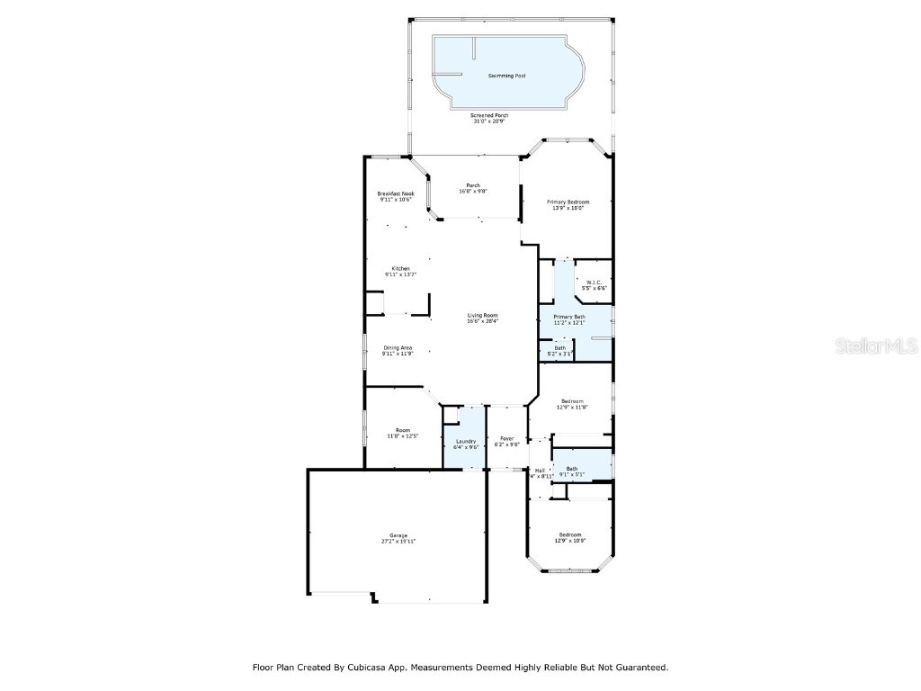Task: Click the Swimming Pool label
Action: [506, 76]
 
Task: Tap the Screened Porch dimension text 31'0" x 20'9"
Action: [489, 121]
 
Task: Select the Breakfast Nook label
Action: [396, 193]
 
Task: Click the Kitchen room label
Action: [400, 268]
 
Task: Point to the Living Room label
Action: [482, 315]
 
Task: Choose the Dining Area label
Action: [398, 347]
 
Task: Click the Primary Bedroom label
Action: [568, 202]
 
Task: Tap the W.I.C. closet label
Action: [594, 283]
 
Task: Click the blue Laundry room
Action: [465, 441]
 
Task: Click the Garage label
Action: [398, 535]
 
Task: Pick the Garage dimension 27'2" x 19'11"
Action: [398, 542]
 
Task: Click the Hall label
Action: [541, 470]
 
